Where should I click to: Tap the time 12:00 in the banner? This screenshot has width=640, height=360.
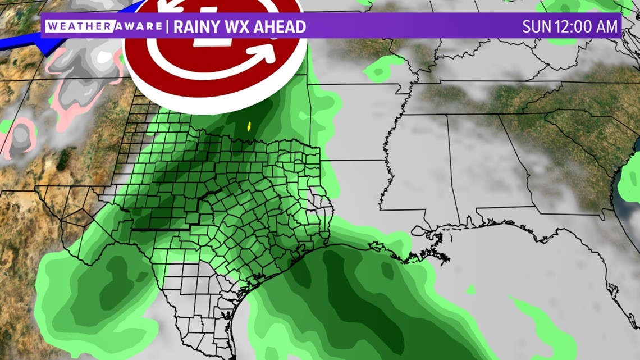[x=574, y=26]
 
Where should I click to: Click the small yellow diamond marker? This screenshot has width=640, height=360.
[x=249, y=126]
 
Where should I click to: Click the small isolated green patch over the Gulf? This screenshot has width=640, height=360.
[x=470, y=289]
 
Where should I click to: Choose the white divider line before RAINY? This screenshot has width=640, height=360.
[x=167, y=26]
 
